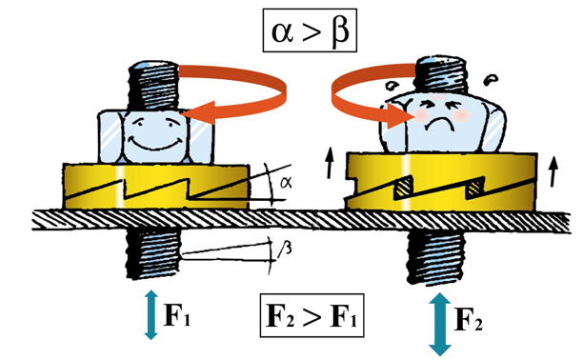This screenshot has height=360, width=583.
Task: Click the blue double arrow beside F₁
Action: pyautogui.click(x=151, y=314)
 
